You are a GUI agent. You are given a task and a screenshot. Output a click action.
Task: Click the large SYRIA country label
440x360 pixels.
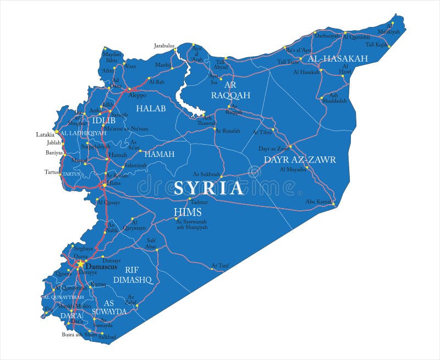(208, 188)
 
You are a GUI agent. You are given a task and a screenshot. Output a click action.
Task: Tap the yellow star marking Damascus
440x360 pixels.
(80, 264)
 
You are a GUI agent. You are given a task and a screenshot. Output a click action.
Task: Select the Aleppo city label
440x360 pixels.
(137, 95)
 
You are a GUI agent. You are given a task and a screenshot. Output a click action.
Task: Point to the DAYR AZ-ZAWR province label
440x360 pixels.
(300, 160)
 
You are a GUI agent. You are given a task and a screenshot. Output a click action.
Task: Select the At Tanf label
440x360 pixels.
(219, 266)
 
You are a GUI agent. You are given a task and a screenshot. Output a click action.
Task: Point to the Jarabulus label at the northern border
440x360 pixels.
(163, 46)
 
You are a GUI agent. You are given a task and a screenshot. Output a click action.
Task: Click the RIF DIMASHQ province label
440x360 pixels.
(132, 274)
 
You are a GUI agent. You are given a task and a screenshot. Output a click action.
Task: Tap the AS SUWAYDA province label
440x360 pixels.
(116, 307)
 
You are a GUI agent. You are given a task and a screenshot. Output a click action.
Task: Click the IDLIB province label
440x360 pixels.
(103, 120)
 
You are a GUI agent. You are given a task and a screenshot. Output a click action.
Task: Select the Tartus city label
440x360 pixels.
(52, 172)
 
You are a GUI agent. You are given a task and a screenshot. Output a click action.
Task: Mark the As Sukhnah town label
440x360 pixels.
(206, 174)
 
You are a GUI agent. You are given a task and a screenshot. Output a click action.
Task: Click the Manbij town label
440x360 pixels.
(163, 65)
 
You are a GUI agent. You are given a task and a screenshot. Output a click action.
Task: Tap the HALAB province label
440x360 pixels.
(151, 108)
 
